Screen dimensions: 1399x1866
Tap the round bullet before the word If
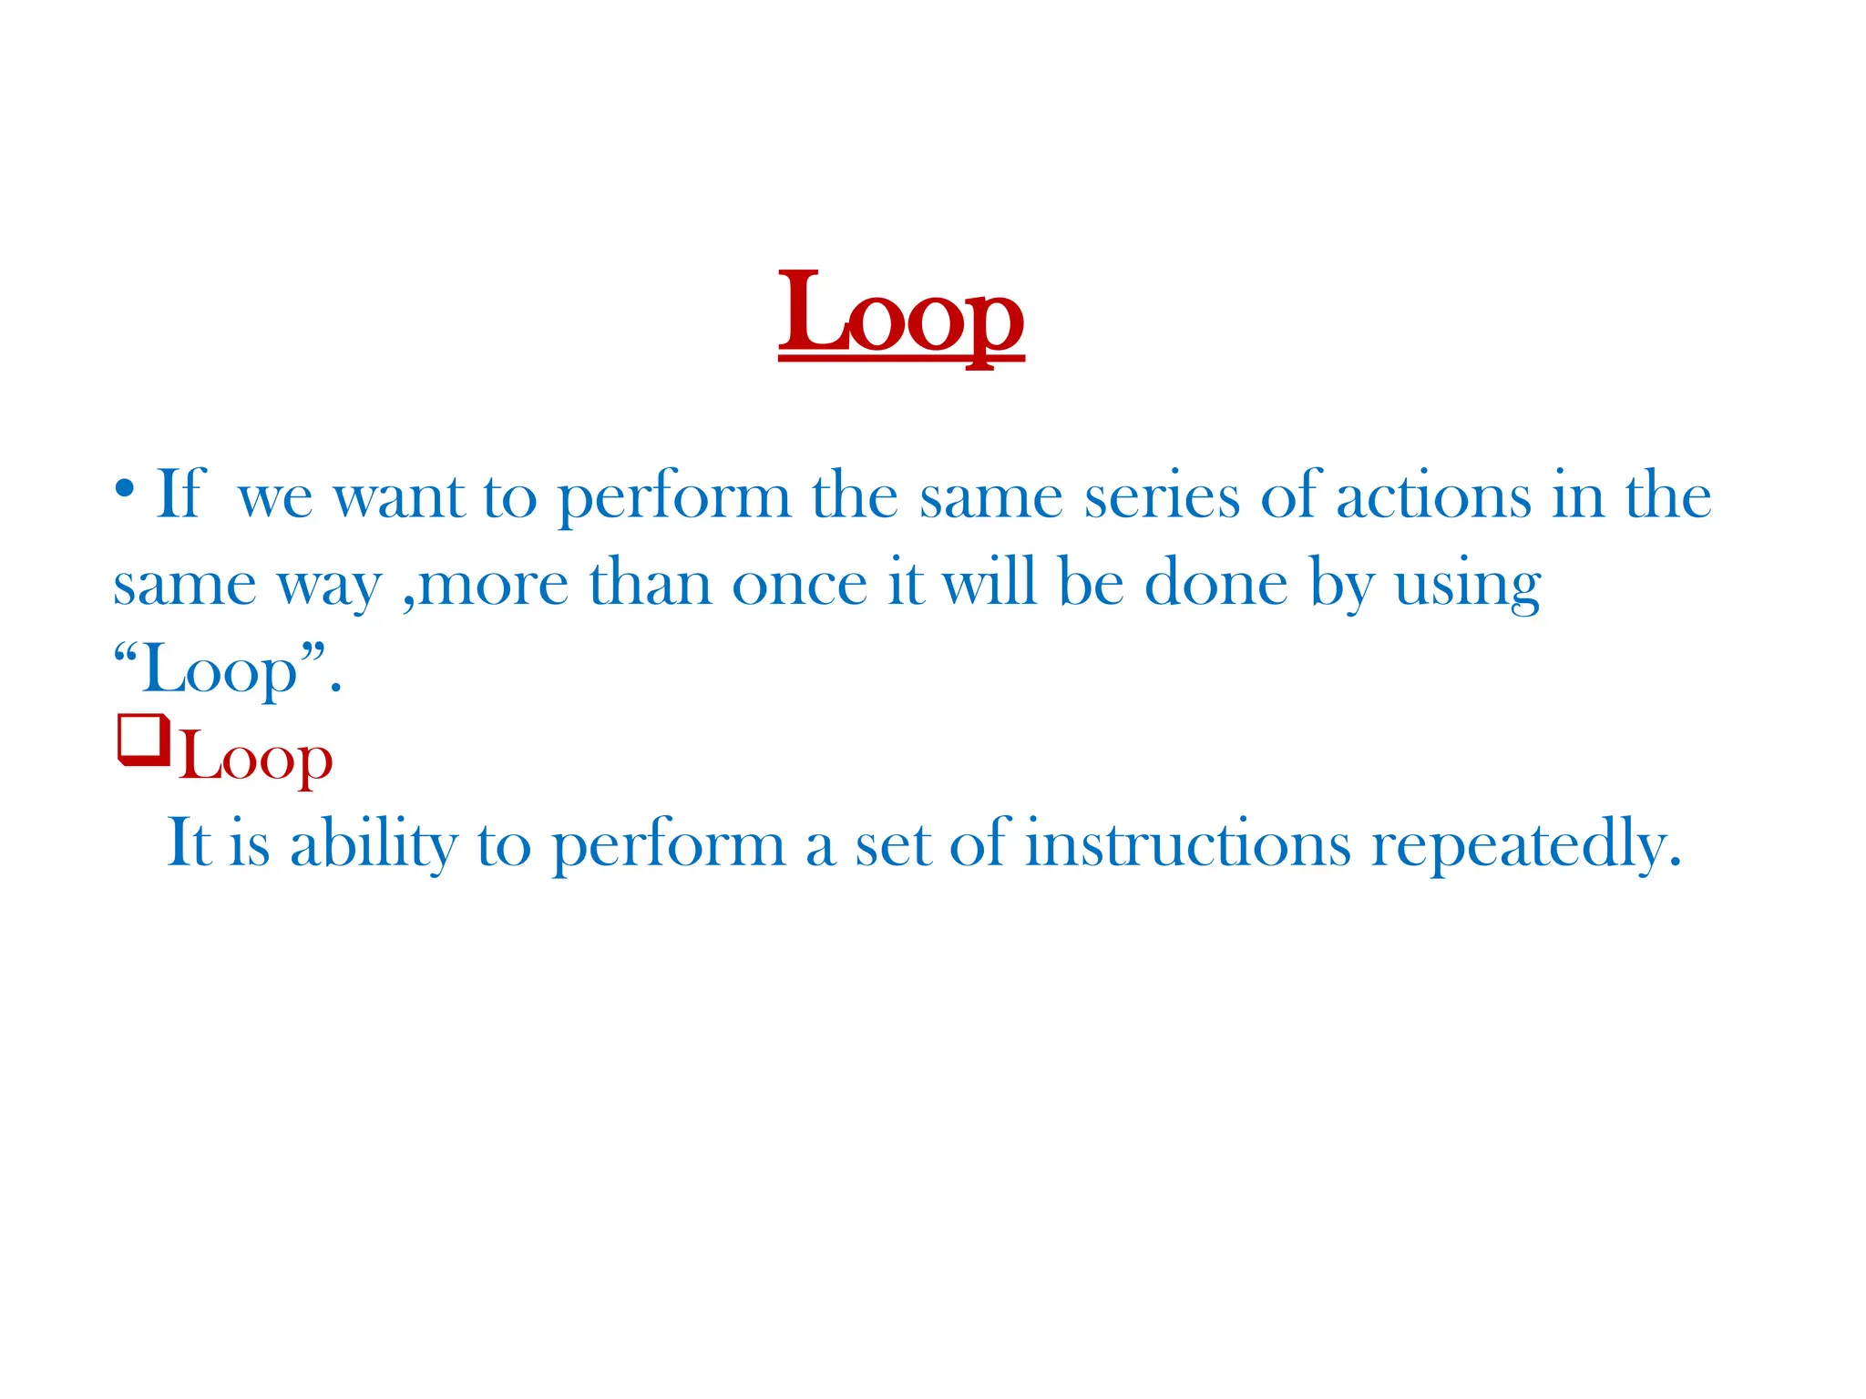[125, 489]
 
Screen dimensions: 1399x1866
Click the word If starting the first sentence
[181, 495]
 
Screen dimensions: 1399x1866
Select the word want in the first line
[399, 497]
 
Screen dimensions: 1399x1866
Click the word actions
[1434, 497]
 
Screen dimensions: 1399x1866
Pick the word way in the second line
[329, 586]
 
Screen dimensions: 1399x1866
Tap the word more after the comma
[493, 586]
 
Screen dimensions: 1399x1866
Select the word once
[799, 584]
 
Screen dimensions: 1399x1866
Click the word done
[1215, 584]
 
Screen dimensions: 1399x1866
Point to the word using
[1468, 586]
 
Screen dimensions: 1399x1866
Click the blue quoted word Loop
[220, 670]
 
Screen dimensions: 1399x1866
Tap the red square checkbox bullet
[143, 740]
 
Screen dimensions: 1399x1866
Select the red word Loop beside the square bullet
[256, 759]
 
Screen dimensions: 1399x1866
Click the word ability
[374, 844]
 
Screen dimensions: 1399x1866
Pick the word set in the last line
[893, 844]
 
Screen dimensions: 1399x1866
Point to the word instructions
[1187, 844]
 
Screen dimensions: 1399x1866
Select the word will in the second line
[989, 584]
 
